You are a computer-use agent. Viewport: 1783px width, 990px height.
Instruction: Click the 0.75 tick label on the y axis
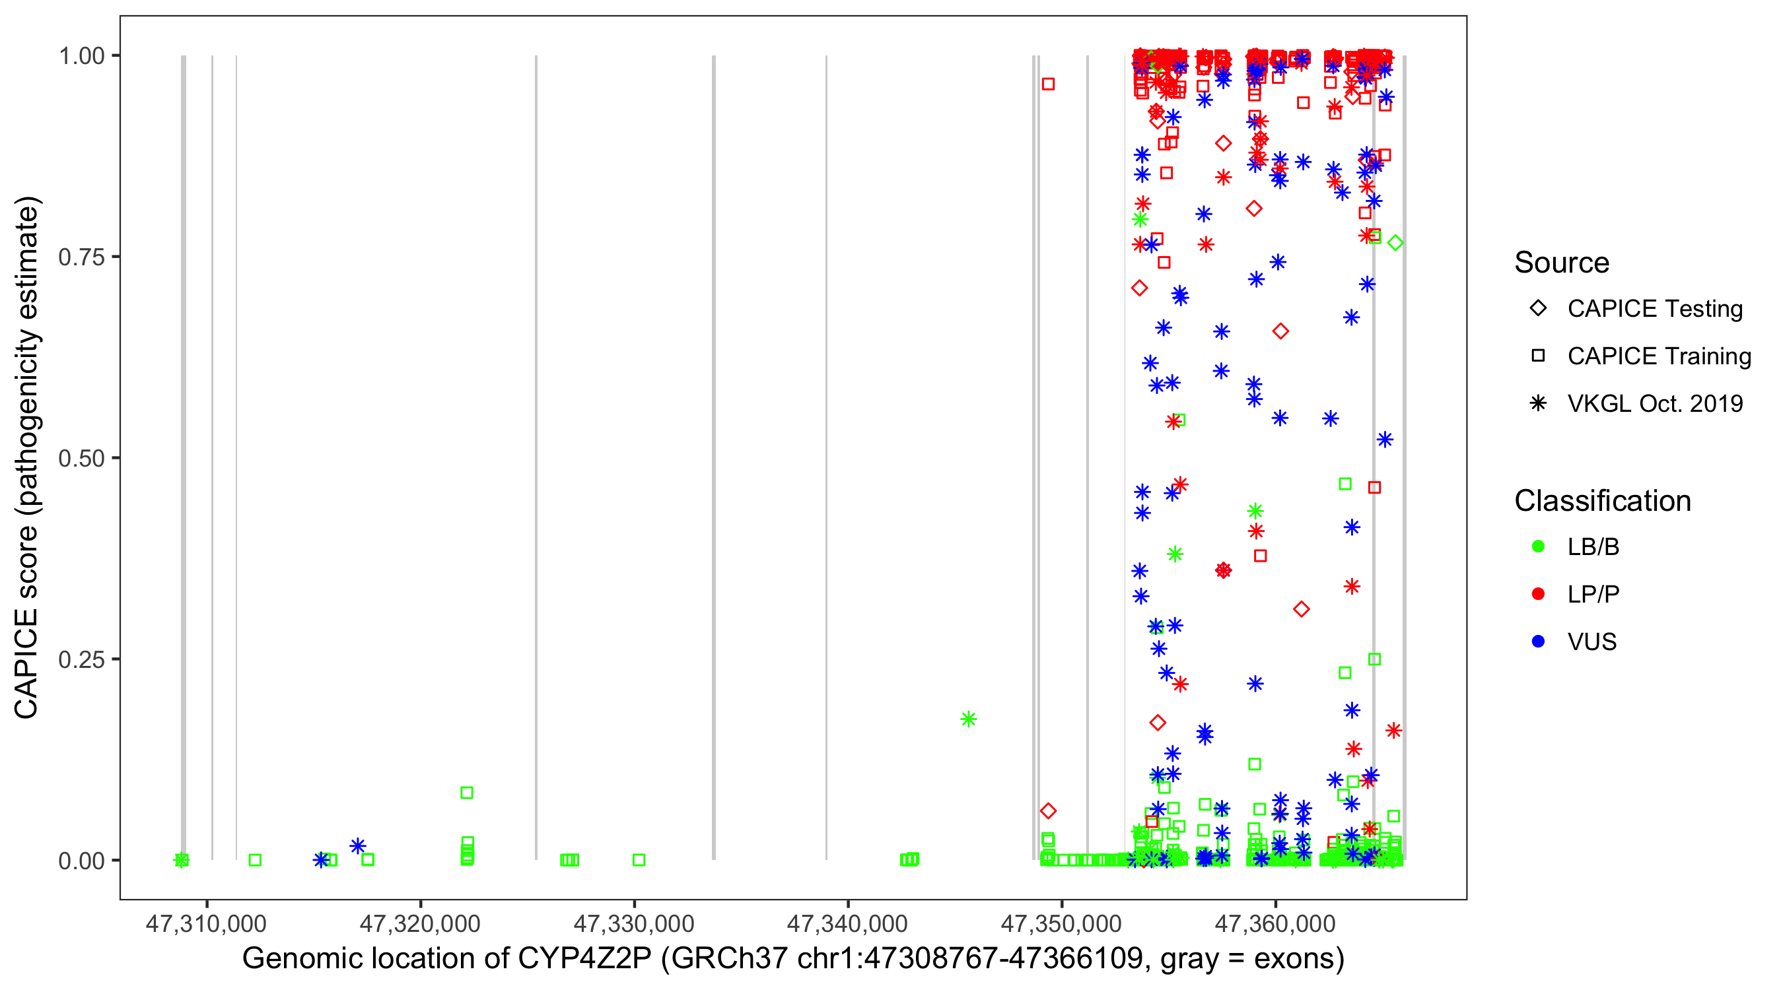point(81,257)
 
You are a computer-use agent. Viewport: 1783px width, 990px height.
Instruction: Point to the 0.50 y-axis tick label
point(81,458)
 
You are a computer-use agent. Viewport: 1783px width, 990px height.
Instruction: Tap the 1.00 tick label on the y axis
point(81,56)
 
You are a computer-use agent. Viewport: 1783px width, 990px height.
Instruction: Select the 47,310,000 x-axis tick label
point(205,923)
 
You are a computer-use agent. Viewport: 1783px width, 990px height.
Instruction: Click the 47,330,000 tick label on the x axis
point(633,923)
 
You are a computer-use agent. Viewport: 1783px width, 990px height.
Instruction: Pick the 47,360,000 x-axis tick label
point(1275,923)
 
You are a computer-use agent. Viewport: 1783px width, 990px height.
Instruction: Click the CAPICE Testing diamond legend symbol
point(1538,309)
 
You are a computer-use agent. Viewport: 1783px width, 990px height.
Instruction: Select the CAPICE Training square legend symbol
point(1538,356)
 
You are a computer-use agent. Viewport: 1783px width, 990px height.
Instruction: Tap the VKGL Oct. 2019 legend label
point(1655,403)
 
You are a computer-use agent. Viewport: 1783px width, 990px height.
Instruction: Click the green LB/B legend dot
point(1538,546)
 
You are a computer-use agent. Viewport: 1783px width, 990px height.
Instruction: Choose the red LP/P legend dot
point(1538,594)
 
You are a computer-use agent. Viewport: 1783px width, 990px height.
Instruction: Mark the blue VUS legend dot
point(1538,642)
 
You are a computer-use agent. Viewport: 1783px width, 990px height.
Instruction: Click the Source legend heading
point(1562,263)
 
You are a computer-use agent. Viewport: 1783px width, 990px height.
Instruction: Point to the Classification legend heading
point(1602,501)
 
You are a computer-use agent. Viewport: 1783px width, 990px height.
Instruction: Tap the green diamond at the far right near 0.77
point(1395,243)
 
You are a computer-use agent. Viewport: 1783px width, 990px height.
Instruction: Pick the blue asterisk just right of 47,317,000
point(358,846)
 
